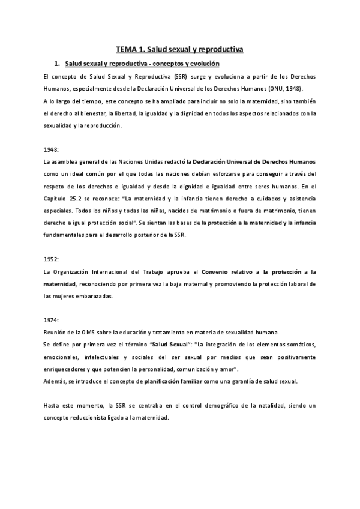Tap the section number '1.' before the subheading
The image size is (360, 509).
click(x=57, y=64)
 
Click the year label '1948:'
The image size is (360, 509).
click(x=52, y=149)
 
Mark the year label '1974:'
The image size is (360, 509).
click(x=52, y=320)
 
